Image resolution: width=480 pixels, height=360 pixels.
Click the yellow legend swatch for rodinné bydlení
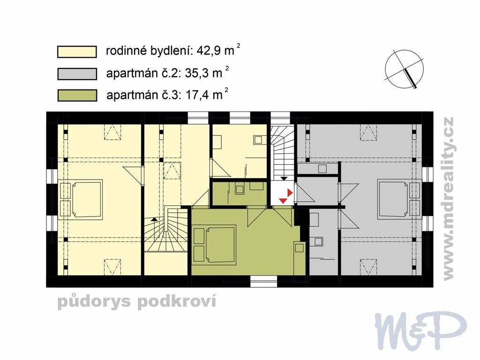77,52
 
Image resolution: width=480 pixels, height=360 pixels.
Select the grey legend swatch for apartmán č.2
77,74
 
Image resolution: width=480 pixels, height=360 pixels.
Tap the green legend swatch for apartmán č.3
77,96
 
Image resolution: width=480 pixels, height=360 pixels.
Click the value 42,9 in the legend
209,51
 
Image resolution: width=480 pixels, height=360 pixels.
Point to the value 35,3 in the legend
197,74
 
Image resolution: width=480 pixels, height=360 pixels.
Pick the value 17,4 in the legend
197,95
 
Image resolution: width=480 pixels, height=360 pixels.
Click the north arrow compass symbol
405,70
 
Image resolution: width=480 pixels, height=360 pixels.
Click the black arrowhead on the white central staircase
285,178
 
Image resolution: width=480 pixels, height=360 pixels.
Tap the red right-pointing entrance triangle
290,193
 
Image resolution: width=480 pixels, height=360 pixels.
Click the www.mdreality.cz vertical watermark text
448,199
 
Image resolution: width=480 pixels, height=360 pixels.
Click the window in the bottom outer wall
263,281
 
